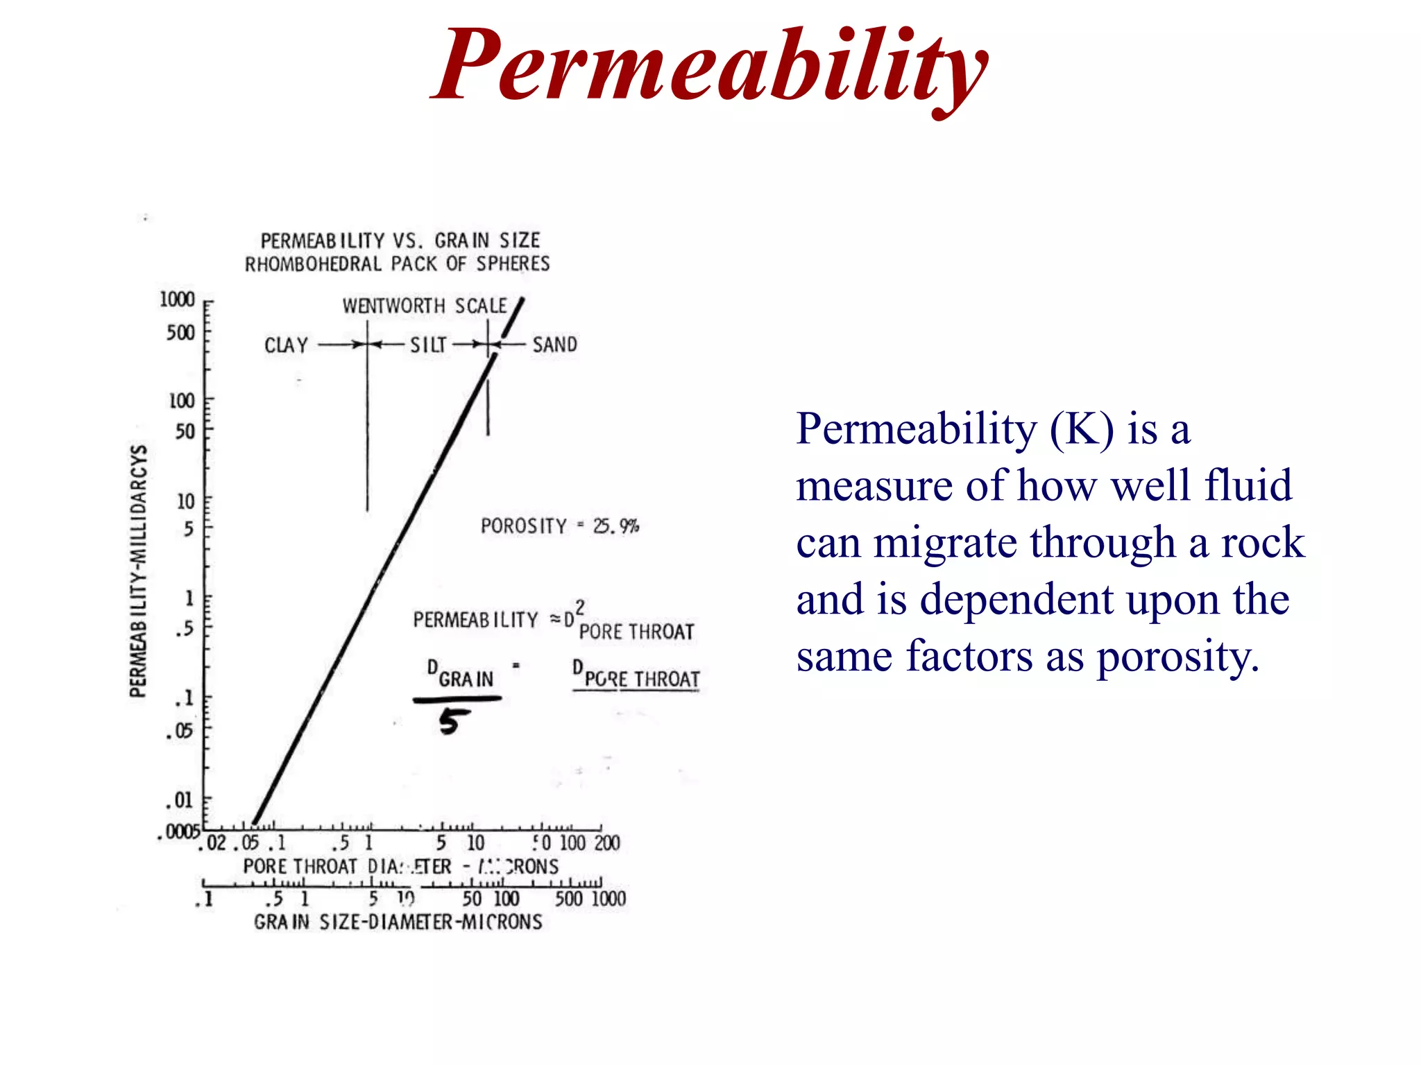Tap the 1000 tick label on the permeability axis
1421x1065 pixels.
tap(177, 300)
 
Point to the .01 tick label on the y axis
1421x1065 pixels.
tap(180, 800)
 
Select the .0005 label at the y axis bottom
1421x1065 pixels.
tap(179, 831)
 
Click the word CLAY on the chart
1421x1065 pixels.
tap(286, 345)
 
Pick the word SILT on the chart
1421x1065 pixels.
tap(428, 345)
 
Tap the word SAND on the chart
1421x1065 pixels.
tap(554, 345)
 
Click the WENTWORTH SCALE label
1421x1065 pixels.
tap(424, 306)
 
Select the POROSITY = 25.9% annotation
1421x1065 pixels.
tap(559, 526)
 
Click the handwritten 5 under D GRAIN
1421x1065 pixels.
tap(452, 722)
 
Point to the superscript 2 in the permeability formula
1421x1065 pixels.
tap(580, 608)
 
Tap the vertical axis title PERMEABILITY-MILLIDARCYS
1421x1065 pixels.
tap(139, 571)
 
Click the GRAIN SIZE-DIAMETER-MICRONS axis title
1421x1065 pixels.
tap(398, 922)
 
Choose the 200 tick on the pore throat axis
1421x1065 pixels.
tap(606, 843)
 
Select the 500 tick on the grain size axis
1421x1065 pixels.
tap(568, 899)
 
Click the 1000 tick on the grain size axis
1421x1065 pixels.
tap(609, 899)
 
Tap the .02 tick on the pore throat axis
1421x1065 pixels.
tap(214, 843)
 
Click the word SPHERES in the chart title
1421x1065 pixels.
tap(513, 264)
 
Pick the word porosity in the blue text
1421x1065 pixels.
tap(1177, 656)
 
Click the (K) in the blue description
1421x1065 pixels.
tap(1082, 429)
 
